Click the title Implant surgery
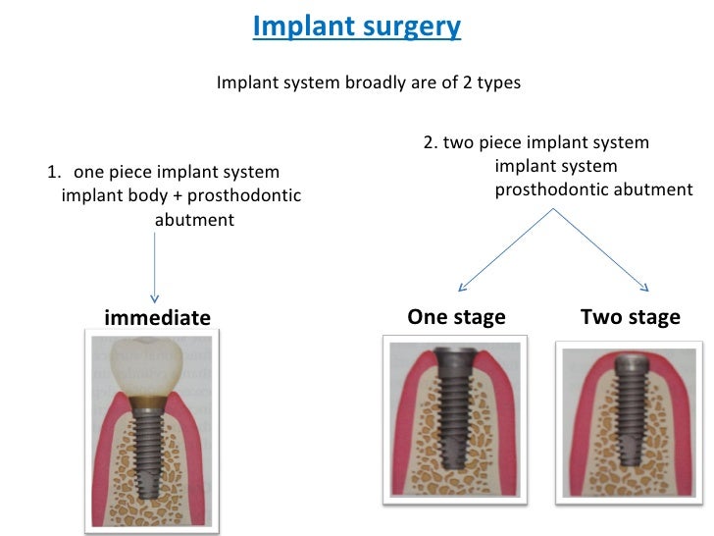(x=356, y=26)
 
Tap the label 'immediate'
(x=157, y=317)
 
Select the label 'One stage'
(x=456, y=317)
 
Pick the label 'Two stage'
(x=630, y=317)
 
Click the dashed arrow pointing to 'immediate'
(x=155, y=266)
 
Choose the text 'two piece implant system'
(x=545, y=143)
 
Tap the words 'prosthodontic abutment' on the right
(x=593, y=188)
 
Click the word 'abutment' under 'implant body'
(x=194, y=220)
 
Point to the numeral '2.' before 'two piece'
(x=431, y=143)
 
